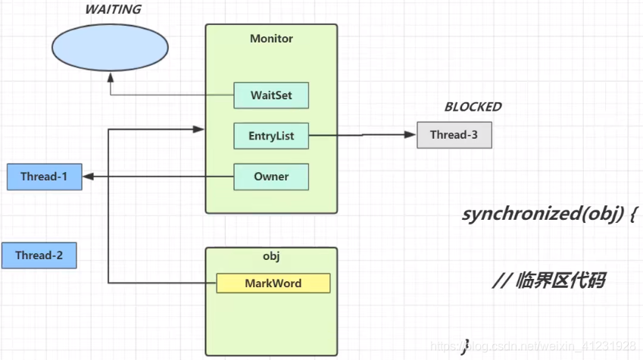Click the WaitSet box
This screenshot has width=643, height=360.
271,95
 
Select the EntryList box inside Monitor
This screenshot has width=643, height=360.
271,136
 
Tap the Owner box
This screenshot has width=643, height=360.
271,177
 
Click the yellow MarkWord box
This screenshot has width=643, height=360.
273,283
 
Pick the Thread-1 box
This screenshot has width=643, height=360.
44,177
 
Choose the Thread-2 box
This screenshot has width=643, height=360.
39,255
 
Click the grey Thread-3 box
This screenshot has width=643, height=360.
454,135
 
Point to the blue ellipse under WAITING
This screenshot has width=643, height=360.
110,48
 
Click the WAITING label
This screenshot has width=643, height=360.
113,9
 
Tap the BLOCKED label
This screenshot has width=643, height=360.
473,107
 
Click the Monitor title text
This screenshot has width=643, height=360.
271,39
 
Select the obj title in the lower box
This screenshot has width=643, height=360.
271,256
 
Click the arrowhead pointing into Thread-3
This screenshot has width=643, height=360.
410,134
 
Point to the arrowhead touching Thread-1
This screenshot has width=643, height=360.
89,177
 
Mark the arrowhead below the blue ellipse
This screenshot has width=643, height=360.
111,78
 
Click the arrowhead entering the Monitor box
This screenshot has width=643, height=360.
198,130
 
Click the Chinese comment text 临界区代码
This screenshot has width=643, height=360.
560,280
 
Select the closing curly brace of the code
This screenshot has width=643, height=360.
466,347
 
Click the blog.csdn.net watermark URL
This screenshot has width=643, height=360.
533,346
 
